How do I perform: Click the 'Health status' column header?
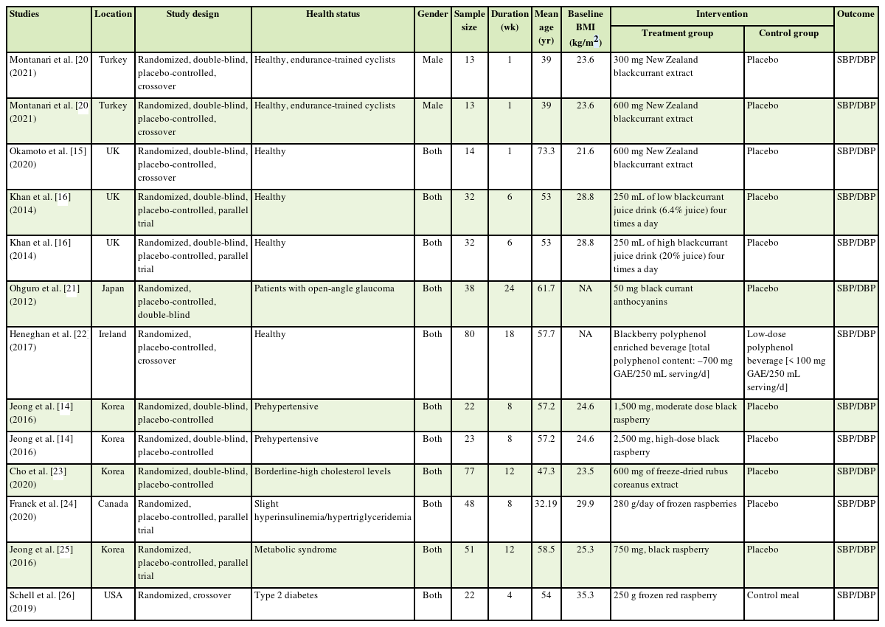click(333, 14)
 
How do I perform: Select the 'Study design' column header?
click(192, 14)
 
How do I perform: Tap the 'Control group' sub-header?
click(788, 33)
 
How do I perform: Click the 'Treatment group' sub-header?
click(677, 33)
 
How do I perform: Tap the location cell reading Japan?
click(113, 288)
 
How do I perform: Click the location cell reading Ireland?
click(113, 334)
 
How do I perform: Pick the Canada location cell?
click(113, 504)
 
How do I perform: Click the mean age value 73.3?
click(546, 151)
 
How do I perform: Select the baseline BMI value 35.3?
click(585, 595)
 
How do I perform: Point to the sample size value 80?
click(470, 334)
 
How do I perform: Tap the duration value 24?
click(510, 288)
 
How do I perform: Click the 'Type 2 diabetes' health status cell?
click(286, 595)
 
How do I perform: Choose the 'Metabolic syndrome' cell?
click(292, 550)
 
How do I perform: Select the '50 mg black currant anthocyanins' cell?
click(653, 294)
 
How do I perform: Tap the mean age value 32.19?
click(546, 504)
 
